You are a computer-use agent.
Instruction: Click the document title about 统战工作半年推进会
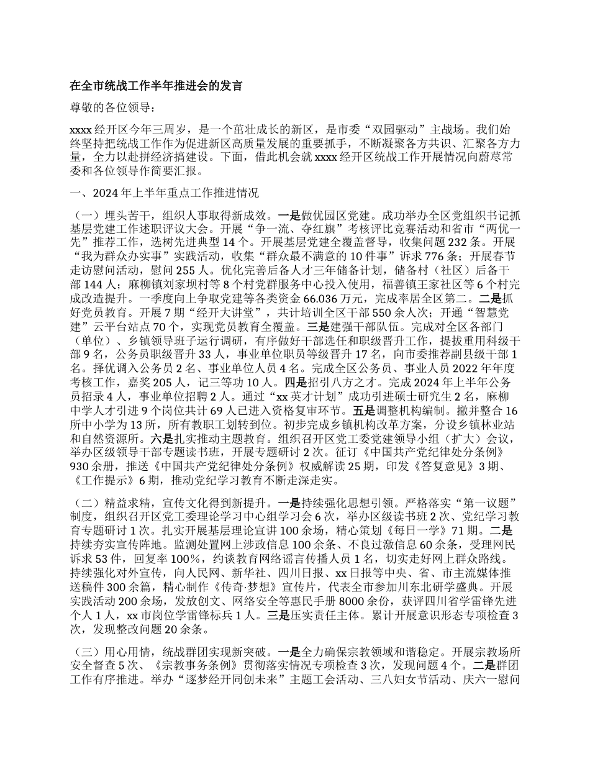point(155,86)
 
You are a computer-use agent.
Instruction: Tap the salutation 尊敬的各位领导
point(109,107)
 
